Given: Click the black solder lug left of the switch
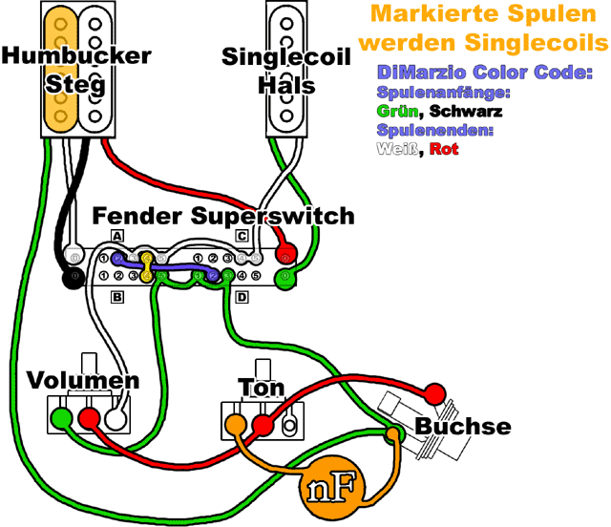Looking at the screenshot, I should [72, 279].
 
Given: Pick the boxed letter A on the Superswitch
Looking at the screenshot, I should [117, 235].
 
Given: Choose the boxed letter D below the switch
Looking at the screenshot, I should [242, 297].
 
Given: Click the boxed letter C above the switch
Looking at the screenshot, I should [242, 235].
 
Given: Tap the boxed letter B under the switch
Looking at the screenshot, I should [117, 297].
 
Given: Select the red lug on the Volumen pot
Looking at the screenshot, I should [89, 417].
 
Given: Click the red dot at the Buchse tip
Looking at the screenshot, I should [434, 393].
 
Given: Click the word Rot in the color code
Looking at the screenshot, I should [445, 149].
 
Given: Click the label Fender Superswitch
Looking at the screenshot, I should [223, 216].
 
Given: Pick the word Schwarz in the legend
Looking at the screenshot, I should [466, 112].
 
